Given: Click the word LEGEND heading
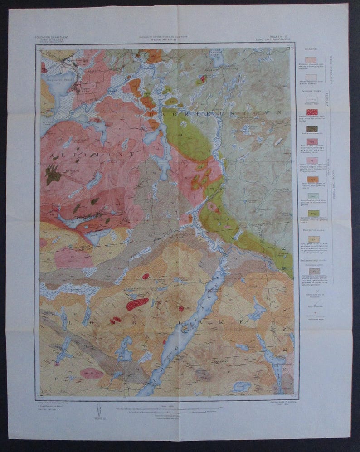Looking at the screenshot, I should coord(311,49).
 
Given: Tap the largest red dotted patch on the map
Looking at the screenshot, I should coord(137,303).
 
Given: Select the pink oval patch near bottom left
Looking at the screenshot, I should coord(92,373).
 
